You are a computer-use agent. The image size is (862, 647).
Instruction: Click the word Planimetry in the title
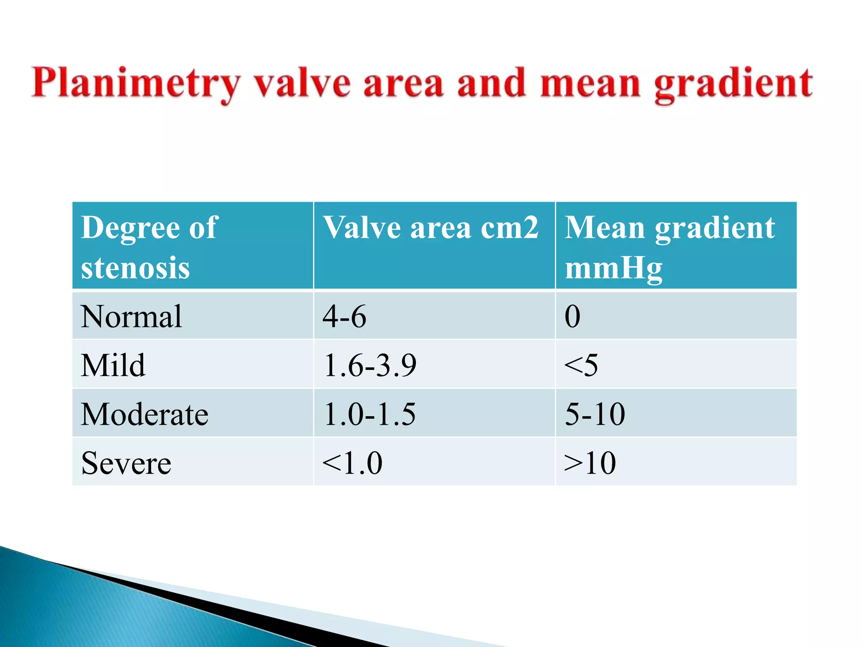click(136, 84)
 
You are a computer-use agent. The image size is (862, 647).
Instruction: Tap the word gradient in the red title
click(733, 84)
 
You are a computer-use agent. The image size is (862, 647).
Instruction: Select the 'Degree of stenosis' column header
click(149, 247)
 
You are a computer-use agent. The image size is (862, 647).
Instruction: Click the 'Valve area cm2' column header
click(430, 227)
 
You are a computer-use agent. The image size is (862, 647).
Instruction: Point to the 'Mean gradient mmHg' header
click(669, 247)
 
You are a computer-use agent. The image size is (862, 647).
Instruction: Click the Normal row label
click(131, 316)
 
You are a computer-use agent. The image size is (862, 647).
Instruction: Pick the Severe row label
click(126, 463)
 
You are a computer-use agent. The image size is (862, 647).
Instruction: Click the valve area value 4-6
click(344, 316)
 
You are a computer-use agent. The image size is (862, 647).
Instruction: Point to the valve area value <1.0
click(352, 463)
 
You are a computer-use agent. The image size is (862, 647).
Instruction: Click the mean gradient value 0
click(572, 316)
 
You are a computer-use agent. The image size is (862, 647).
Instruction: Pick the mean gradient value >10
click(590, 463)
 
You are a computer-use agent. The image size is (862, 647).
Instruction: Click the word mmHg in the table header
click(613, 268)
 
